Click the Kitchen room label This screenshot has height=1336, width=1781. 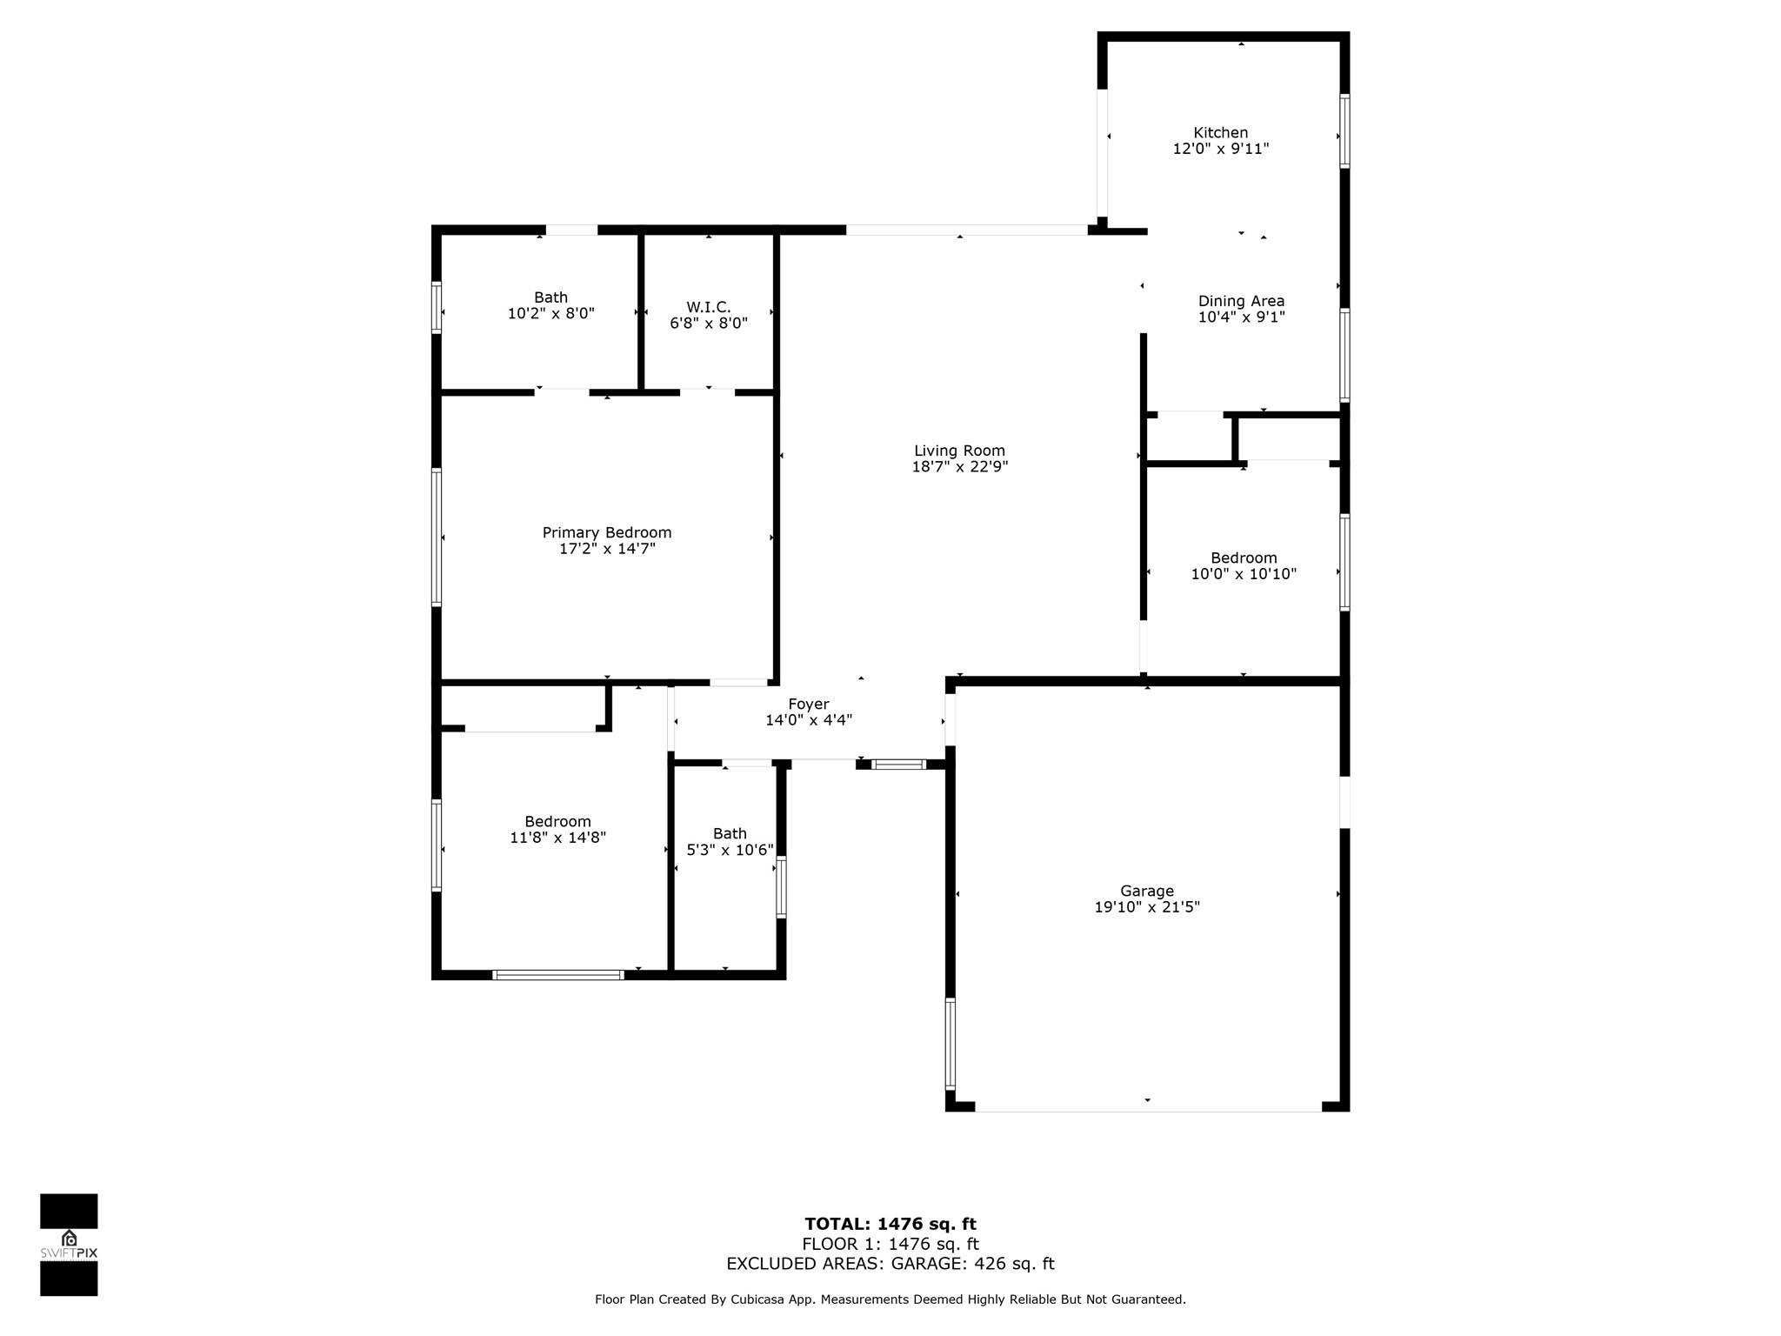click(1220, 133)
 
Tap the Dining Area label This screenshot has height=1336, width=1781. click(1241, 302)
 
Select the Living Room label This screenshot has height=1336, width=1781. click(959, 451)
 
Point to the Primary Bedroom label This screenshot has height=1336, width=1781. click(607, 532)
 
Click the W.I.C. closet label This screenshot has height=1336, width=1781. click(709, 307)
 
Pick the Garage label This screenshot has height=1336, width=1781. click(1147, 891)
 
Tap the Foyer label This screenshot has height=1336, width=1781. click(809, 705)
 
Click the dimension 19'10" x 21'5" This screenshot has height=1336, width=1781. click(1147, 907)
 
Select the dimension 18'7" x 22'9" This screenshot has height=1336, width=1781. click(959, 467)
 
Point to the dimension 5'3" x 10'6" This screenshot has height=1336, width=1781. click(730, 850)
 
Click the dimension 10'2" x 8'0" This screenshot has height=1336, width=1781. click(550, 313)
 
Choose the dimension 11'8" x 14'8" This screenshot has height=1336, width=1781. click(557, 838)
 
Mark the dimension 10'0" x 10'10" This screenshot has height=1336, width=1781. click(1244, 574)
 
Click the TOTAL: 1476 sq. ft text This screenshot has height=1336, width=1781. click(890, 1225)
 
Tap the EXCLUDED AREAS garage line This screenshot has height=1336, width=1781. click(890, 1264)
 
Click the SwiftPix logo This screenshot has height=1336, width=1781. click(69, 1245)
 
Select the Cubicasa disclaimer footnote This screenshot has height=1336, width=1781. click(890, 1299)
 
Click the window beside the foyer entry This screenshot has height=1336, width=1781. click(899, 765)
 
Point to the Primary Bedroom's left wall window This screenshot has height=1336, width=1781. click(437, 537)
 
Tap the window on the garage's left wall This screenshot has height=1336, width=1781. click(951, 1044)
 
